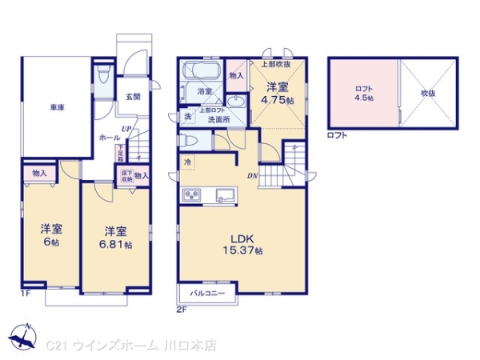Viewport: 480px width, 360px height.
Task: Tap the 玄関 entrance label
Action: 133,97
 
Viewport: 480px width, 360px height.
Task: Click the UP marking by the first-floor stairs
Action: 126,129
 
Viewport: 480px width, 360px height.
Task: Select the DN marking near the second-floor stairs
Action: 252,176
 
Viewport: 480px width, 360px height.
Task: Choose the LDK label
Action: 243,238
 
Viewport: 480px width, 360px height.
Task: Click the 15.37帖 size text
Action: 243,250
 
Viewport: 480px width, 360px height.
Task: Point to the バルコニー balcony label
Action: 211,294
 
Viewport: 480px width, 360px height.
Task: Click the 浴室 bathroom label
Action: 204,92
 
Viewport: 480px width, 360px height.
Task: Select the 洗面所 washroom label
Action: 218,119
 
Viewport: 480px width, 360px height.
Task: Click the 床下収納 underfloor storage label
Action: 126,176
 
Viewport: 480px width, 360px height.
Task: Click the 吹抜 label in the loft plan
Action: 428,94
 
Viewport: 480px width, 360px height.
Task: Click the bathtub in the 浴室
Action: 202,71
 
